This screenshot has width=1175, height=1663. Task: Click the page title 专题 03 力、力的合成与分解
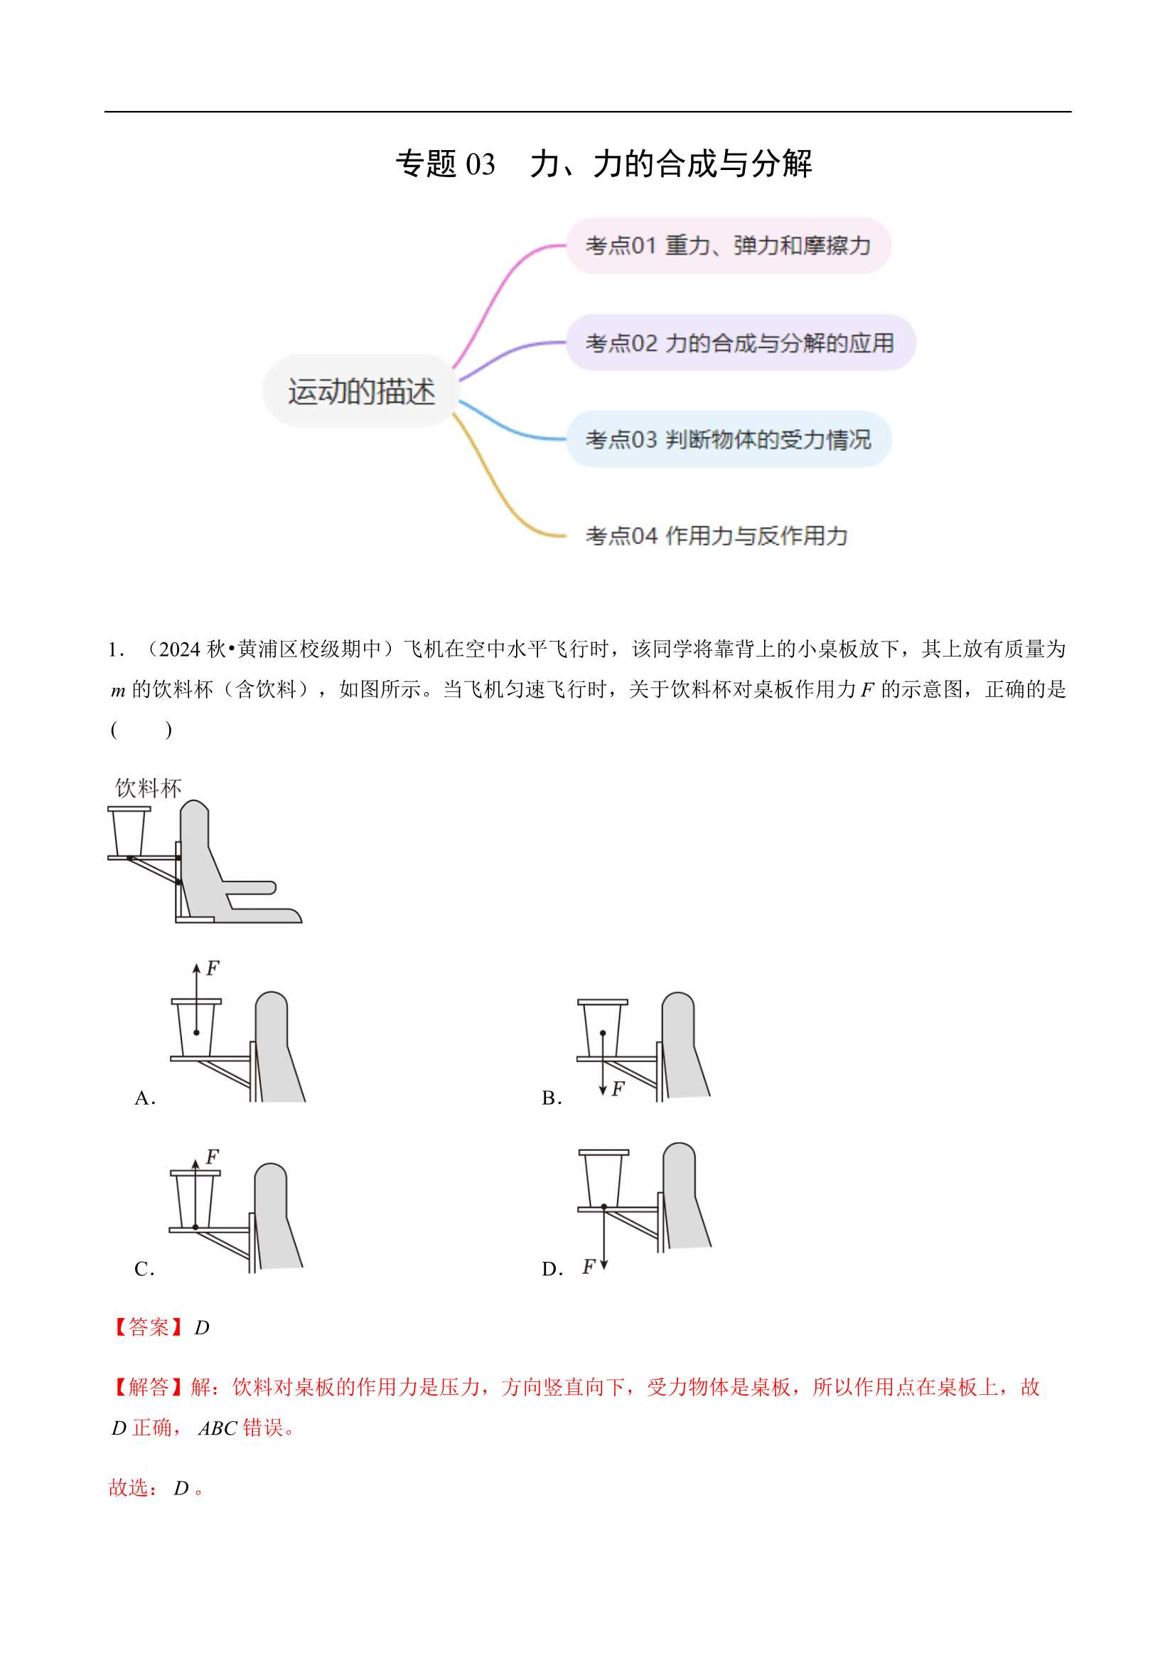click(x=603, y=164)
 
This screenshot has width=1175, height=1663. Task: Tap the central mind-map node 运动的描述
click(x=360, y=391)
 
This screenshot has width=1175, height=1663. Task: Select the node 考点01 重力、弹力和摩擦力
click(x=728, y=245)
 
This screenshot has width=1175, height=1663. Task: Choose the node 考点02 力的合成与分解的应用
click(x=739, y=343)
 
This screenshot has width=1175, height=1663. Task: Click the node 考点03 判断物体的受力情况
click(x=728, y=439)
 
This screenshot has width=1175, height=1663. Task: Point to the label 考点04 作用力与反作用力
click(x=716, y=536)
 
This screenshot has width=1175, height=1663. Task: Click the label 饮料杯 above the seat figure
click(x=148, y=787)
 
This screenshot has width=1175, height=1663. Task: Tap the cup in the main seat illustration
click(x=129, y=831)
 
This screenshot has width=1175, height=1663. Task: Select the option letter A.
click(x=144, y=1098)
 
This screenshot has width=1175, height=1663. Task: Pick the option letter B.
click(x=550, y=1098)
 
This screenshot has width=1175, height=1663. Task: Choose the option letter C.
click(x=144, y=1269)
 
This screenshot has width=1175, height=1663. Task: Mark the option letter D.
click(x=550, y=1269)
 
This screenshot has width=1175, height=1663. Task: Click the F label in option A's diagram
click(x=212, y=968)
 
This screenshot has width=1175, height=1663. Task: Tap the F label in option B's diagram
click(x=618, y=1088)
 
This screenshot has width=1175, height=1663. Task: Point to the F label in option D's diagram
click(x=589, y=1267)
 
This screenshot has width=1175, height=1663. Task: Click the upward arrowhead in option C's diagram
click(x=195, y=1164)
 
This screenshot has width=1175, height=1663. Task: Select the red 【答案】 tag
click(x=148, y=1327)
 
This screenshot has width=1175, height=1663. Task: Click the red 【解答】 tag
click(x=148, y=1387)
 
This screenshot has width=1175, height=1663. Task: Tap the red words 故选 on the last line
click(x=132, y=1488)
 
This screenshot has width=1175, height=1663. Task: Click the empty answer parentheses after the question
click(x=141, y=729)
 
